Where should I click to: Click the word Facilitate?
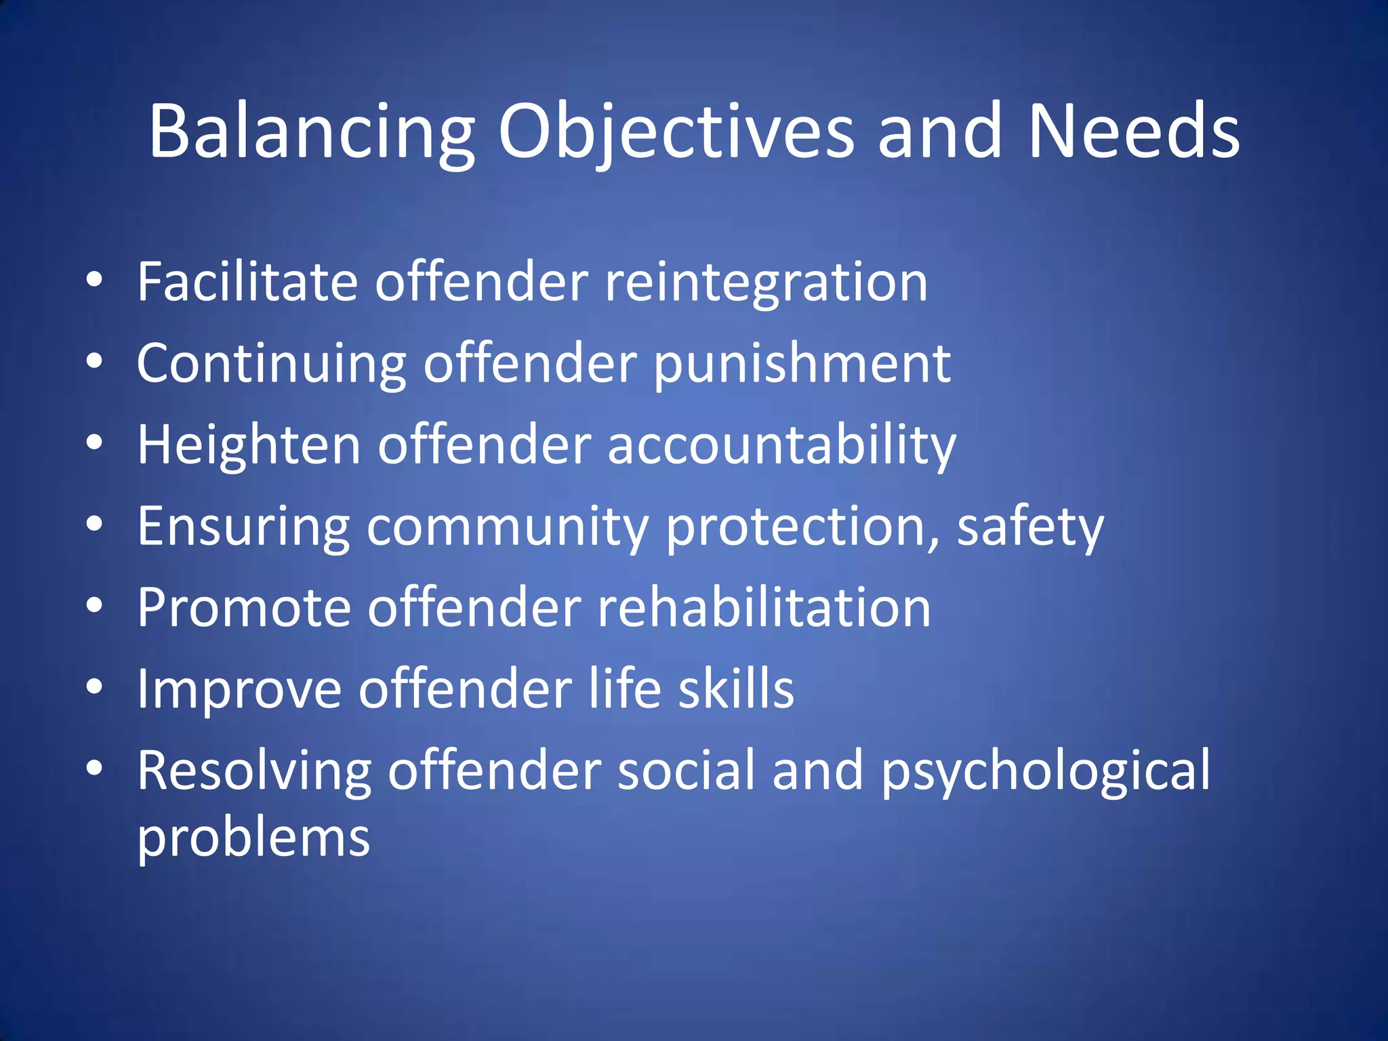247,282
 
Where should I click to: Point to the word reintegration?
766,283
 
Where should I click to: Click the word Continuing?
271,365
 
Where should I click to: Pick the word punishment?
802,365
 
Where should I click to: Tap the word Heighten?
249,446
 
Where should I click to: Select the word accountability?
781,446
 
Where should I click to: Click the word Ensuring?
243,527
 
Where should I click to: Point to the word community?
508,527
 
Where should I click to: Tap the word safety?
1030,527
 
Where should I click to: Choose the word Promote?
244,607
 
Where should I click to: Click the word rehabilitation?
764,607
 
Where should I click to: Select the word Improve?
239,689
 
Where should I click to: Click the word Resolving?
254,771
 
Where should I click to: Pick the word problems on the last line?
253,839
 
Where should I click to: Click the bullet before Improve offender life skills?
94,687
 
